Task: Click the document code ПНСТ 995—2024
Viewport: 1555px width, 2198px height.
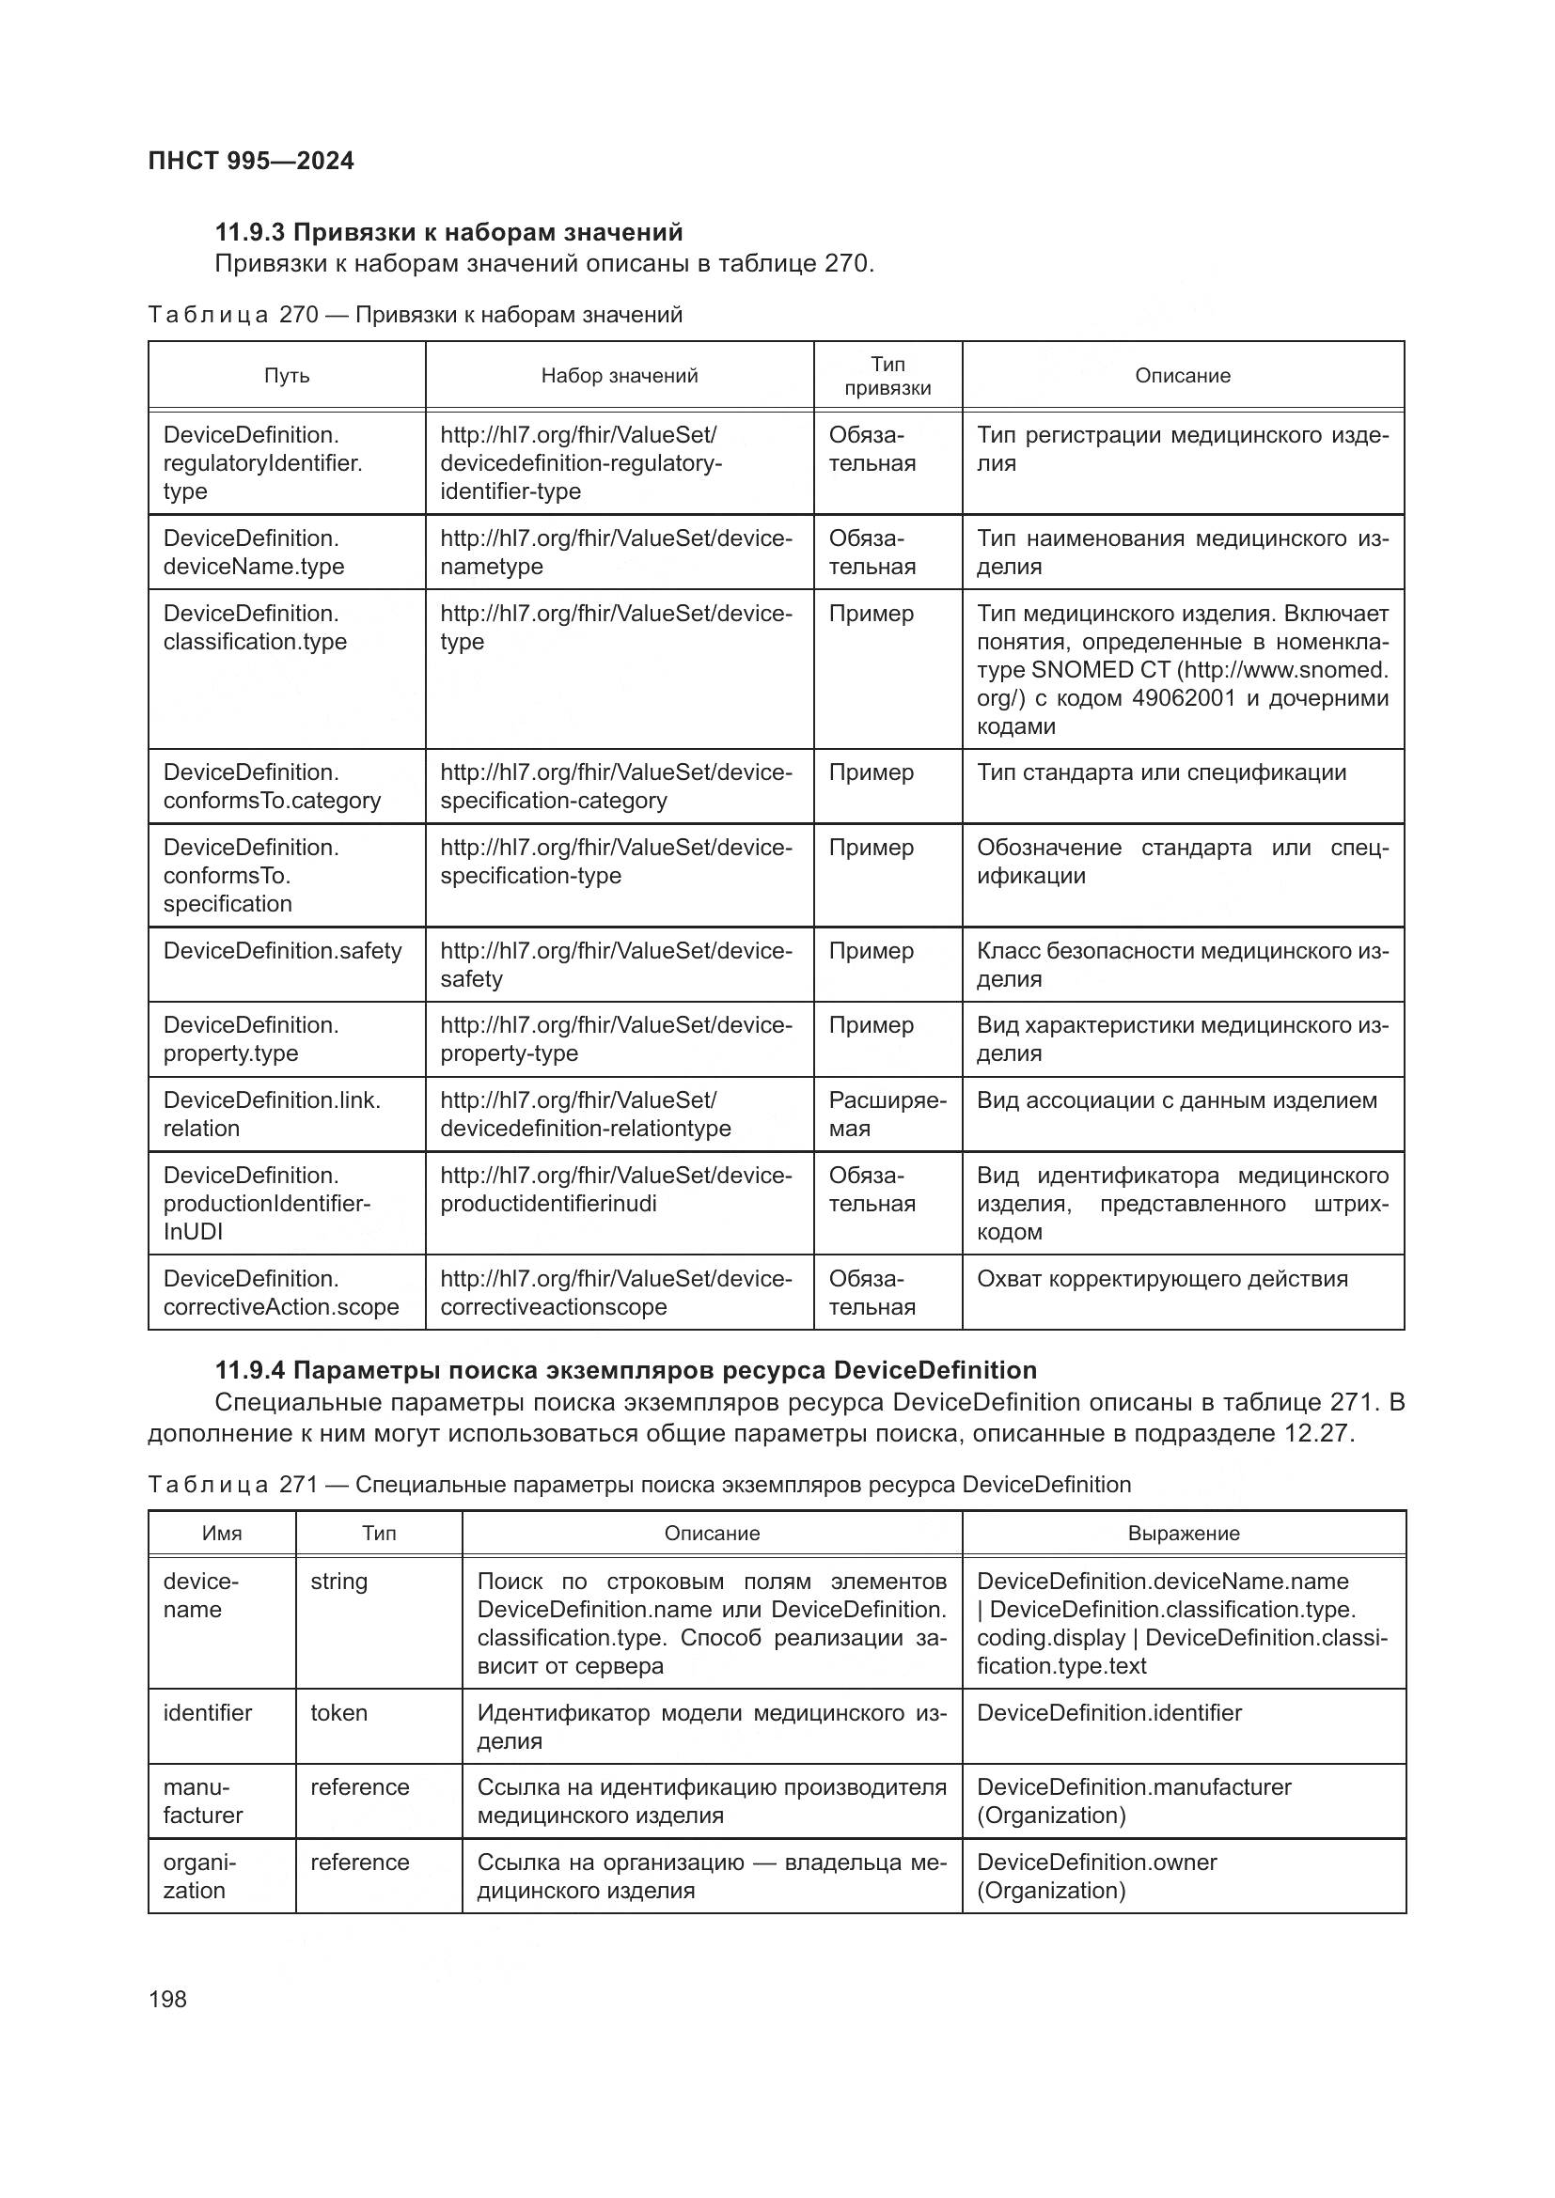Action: [251, 161]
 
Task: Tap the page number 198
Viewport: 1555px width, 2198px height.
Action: [167, 1999]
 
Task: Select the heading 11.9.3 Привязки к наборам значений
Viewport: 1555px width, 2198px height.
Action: [449, 232]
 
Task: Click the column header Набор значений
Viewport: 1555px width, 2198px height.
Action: [619, 375]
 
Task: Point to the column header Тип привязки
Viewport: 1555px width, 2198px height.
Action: [887, 375]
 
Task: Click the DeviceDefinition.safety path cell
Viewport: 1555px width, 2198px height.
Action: [282, 951]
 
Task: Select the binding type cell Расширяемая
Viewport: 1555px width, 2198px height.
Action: [887, 1114]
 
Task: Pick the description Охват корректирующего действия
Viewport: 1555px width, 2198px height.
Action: [1161, 1278]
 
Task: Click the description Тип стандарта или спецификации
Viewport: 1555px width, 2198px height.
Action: [1160, 772]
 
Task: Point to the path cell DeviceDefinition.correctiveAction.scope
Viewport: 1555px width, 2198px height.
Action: [280, 1292]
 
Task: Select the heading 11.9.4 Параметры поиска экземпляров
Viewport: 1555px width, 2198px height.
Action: [625, 1370]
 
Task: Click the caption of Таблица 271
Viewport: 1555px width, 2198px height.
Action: [639, 1485]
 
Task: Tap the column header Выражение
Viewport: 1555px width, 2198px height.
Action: [1183, 1533]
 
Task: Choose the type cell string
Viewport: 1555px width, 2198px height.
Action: [339, 1582]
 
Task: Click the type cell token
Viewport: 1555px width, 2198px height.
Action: [339, 1713]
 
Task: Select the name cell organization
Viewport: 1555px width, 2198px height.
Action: [199, 1876]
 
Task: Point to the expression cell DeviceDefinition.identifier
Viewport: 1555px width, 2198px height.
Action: [1108, 1713]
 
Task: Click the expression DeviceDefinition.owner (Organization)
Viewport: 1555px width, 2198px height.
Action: [1096, 1876]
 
